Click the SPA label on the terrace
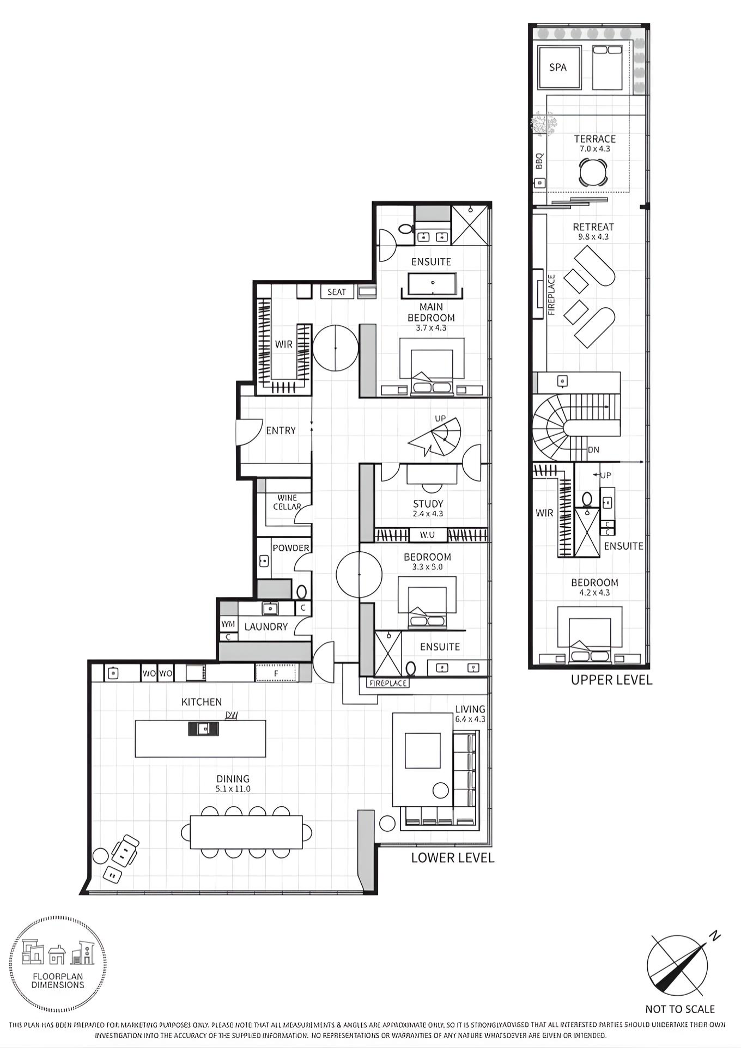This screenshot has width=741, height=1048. point(558,68)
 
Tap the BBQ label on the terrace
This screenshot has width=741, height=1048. point(539,161)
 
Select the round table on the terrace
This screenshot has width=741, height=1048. point(593,173)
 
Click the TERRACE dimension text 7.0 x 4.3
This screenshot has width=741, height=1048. point(594,149)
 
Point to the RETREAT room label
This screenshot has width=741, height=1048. point(593,227)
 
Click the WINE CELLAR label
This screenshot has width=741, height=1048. point(287,502)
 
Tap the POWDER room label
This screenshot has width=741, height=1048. point(291,548)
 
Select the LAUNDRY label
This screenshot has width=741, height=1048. point(266,627)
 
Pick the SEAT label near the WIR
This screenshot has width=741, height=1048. point(337,292)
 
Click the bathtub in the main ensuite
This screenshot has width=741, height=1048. point(432,284)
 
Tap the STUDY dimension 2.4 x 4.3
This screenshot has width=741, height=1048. point(428,514)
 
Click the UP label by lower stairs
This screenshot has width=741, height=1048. point(440,418)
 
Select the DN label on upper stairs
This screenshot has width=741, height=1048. point(594,450)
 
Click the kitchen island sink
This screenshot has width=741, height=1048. point(203,728)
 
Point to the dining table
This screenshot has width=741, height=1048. point(246,832)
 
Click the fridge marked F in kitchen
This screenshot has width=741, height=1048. point(276,673)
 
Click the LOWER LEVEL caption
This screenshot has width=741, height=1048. point(452,858)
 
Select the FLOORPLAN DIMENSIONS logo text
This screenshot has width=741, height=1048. point(58,980)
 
